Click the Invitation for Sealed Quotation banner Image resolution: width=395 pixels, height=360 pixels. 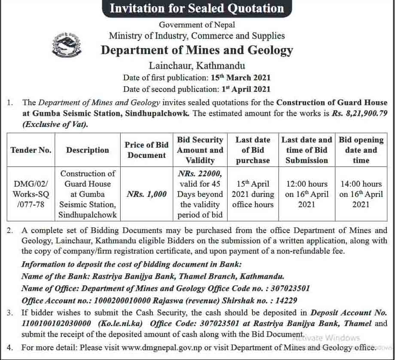click(x=197, y=9)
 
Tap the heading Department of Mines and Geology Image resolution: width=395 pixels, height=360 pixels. click(x=197, y=50)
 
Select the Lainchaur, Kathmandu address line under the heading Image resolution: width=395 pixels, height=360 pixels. click(x=197, y=66)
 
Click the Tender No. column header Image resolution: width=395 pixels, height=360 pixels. click(x=31, y=150)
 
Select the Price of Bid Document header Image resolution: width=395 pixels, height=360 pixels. click(x=146, y=150)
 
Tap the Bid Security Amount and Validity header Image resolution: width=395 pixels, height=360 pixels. click(x=200, y=150)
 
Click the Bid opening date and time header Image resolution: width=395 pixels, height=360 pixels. click(x=361, y=150)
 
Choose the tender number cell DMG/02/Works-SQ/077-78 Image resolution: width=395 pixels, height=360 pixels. click(x=31, y=194)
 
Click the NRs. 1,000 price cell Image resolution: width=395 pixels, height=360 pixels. click(x=146, y=194)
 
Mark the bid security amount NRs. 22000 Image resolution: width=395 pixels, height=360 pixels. click(x=200, y=174)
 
